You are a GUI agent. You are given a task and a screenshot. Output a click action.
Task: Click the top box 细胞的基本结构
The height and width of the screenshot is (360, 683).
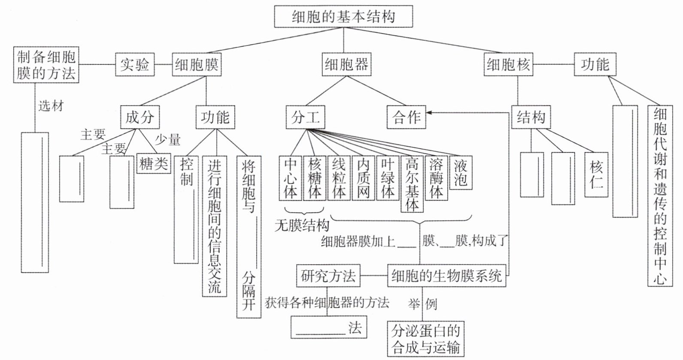[x=343, y=17]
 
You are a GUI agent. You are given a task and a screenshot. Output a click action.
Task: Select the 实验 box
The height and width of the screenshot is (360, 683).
[x=135, y=64]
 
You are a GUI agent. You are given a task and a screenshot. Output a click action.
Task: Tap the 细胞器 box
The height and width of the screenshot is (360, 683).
[x=346, y=64]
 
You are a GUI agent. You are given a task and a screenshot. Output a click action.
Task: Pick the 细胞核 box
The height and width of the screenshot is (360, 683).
[x=508, y=64]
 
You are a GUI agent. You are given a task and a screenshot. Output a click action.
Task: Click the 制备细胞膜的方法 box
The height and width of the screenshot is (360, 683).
[x=46, y=64]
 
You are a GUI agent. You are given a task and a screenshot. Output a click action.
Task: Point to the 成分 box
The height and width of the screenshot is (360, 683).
[x=140, y=116]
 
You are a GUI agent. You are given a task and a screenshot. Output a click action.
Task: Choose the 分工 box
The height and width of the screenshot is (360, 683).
[x=305, y=117]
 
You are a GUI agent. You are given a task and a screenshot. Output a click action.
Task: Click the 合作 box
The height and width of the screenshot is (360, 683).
[x=406, y=117]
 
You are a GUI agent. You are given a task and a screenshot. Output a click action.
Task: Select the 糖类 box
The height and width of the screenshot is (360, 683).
[x=154, y=163]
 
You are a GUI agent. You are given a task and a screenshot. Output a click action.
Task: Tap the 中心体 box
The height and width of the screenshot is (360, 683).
[x=290, y=178]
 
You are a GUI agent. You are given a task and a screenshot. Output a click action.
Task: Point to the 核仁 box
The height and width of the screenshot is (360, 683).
[x=596, y=173]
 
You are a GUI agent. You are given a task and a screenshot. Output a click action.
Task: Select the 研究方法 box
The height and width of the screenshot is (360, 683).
[x=328, y=276]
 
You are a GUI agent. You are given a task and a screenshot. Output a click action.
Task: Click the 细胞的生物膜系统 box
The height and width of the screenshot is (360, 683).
[x=446, y=276]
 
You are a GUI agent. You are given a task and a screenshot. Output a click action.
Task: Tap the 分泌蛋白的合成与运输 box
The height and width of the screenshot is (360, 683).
[x=425, y=339]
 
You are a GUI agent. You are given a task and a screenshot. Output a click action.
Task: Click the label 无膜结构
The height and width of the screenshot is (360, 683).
[x=302, y=226]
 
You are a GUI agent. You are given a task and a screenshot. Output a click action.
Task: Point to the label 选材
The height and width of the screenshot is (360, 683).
[x=51, y=105]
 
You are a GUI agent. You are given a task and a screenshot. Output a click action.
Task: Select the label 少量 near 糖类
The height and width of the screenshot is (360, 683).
[x=167, y=139]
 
